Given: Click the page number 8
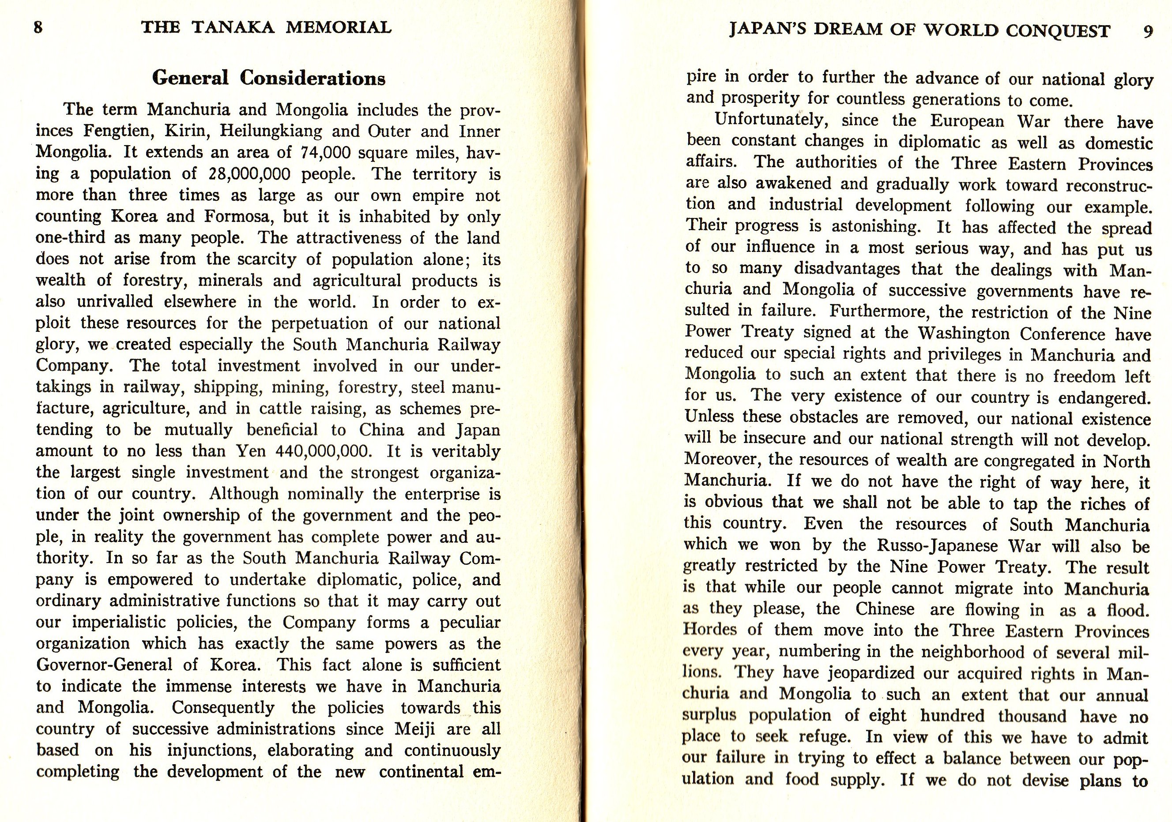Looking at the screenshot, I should pyautogui.click(x=38, y=27).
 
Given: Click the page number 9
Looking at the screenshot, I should pyautogui.click(x=1147, y=32).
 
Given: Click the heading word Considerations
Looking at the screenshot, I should pyautogui.click(x=313, y=78).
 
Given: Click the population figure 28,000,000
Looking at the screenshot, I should pyautogui.click(x=249, y=174).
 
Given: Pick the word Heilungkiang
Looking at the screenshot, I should pyautogui.click(x=271, y=131).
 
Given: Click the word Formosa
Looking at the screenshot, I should pyautogui.click(x=236, y=216).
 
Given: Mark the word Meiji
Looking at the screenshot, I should pyautogui.click(x=415, y=729).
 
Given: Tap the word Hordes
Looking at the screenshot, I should pyautogui.click(x=710, y=629).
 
